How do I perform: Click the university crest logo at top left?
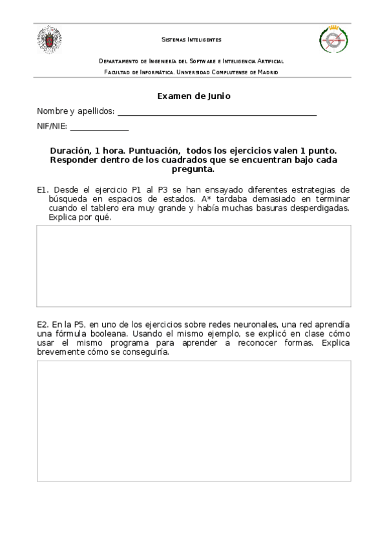49,39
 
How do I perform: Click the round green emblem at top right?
333,40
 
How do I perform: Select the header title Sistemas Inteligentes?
191,39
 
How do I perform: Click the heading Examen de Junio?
194,96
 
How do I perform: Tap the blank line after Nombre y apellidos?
217,112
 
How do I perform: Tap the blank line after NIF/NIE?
99,128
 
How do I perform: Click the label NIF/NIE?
52,127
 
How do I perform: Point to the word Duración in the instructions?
70,149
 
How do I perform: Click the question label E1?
43,190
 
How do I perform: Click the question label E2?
43,323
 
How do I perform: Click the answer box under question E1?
194,266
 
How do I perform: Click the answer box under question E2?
194,421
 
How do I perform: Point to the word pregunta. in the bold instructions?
193,169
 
